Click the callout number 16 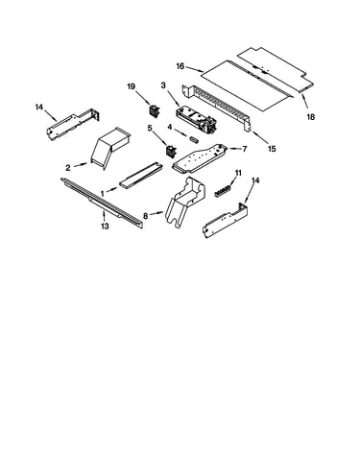(180, 66)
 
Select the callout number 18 (310, 117)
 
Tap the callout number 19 (132, 86)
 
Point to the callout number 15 (272, 149)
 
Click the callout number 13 (105, 227)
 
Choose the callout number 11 (238, 173)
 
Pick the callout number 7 (245, 149)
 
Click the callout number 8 (146, 216)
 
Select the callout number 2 (68, 168)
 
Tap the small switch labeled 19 (155, 110)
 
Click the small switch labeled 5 (171, 151)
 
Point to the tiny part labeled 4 (195, 139)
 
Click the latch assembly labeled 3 (196, 120)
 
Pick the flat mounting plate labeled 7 (201, 157)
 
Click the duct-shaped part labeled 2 (111, 146)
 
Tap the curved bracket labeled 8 (186, 203)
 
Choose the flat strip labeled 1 (141, 176)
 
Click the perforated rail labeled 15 (216, 108)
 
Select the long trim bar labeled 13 (102, 203)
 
